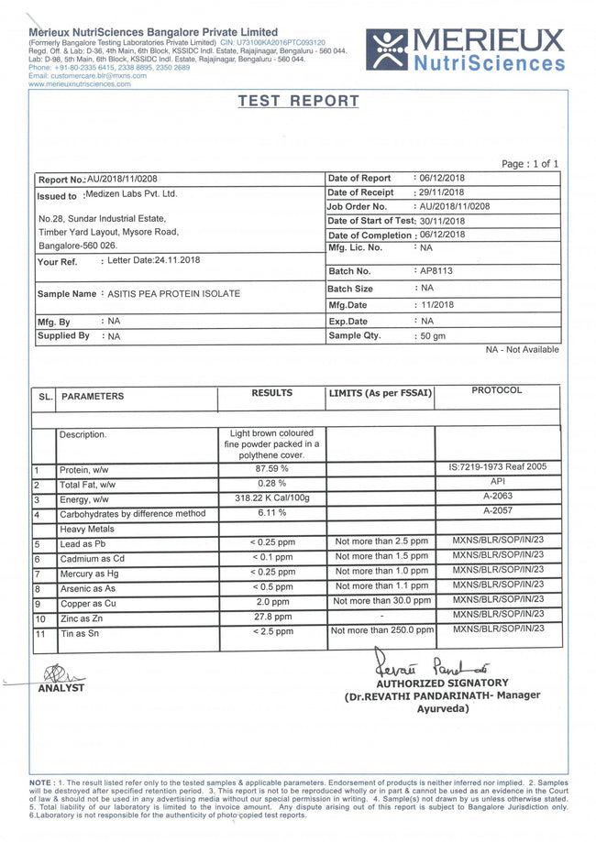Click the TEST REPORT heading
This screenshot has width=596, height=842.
coord(298,101)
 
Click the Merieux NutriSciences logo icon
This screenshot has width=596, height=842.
coord(387,49)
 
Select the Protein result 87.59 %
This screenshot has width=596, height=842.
coord(271,469)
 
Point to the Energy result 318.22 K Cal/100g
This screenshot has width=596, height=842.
coord(271,498)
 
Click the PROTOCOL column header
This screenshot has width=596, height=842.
coord(496,390)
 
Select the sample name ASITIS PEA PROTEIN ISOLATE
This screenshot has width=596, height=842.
coord(174,293)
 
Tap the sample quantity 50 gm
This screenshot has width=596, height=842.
coord(432,336)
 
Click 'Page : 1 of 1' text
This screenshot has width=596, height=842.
coord(530,164)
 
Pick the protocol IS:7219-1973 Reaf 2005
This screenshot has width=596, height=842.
coord(497,466)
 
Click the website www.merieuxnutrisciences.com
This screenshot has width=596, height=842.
coord(80,83)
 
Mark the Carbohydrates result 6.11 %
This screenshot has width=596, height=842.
coord(271,513)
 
